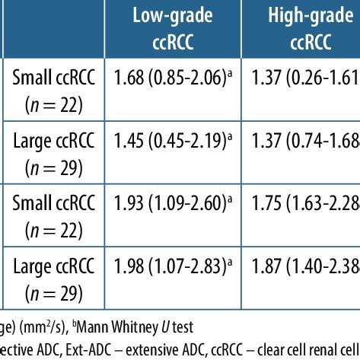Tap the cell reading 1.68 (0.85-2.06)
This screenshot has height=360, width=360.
[x=174, y=77]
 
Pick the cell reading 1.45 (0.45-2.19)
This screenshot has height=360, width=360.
[x=174, y=140]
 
